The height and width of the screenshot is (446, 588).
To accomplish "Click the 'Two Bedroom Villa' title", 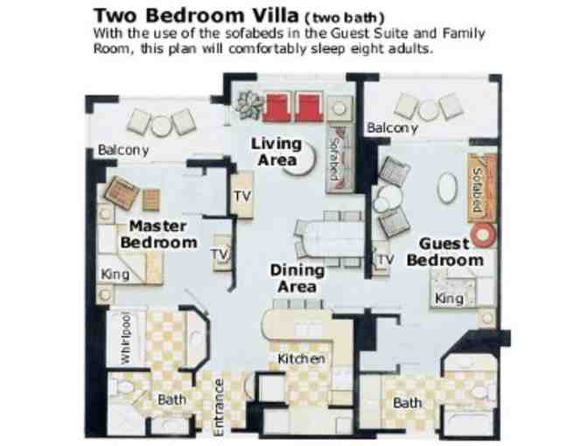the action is [x=196, y=16].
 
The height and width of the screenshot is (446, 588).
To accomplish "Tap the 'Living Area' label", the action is [x=276, y=152].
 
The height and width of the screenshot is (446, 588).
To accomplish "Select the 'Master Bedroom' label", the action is [x=158, y=234].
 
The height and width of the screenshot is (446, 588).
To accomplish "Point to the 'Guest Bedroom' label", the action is [x=445, y=252].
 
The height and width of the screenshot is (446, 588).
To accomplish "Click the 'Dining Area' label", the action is [x=297, y=278].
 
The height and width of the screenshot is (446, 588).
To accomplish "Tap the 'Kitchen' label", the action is [x=301, y=359].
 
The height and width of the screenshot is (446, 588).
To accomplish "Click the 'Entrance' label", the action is [x=219, y=408].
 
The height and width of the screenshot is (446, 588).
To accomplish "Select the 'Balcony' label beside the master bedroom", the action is [x=123, y=150].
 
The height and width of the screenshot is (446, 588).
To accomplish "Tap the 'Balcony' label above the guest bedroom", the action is [x=392, y=128].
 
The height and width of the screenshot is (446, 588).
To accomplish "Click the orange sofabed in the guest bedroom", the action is [x=482, y=189].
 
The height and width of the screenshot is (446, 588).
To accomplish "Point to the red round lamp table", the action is [x=483, y=235].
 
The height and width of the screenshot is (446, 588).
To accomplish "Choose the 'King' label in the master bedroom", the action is [x=115, y=275].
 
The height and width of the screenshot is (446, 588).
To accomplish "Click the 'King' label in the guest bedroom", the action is [x=449, y=299].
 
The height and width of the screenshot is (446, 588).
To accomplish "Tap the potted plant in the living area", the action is [x=249, y=105].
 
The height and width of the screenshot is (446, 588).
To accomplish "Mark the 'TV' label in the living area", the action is [x=242, y=196].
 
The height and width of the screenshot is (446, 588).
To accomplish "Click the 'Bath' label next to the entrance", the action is [x=171, y=400].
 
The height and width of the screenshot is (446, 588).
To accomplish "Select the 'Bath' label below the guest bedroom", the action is [x=407, y=403].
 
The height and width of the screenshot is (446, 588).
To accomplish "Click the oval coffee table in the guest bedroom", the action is [x=447, y=188].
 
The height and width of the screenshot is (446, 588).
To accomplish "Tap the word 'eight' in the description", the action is [x=362, y=49].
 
